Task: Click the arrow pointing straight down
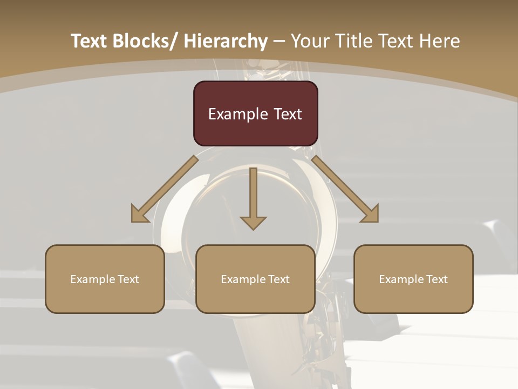click(253, 198)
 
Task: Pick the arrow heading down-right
click(345, 189)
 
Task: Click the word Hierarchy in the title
click(226, 41)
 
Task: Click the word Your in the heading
click(309, 41)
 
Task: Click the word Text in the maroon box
click(286, 115)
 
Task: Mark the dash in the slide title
click(279, 41)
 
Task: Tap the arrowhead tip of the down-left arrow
click(133, 221)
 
